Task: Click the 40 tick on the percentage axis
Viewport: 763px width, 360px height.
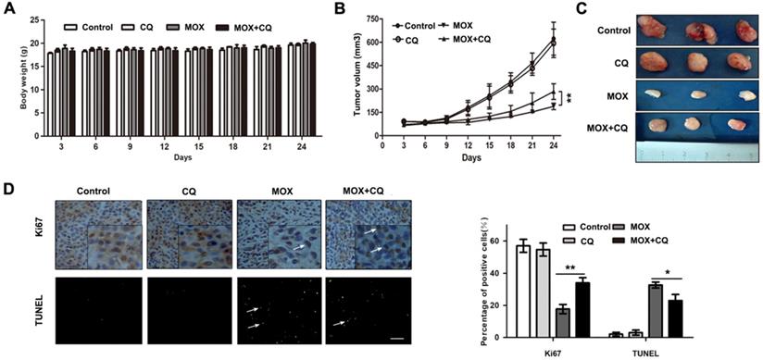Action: click(x=491, y=273)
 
